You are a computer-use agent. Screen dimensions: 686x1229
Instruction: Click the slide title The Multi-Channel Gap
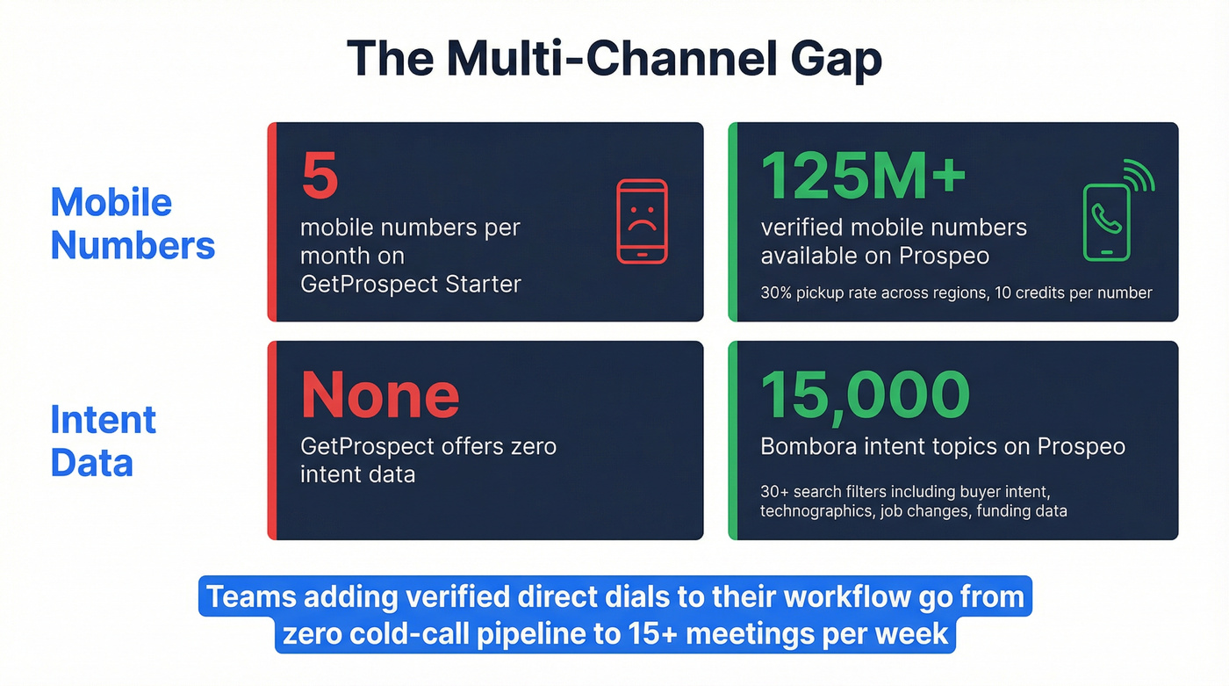tap(614, 59)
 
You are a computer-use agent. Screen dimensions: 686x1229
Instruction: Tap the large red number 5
tap(320, 175)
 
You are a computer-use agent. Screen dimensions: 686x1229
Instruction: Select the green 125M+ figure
tap(863, 175)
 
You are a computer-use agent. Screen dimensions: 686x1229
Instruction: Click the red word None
tap(380, 394)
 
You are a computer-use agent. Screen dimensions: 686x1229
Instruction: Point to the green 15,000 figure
tap(865, 394)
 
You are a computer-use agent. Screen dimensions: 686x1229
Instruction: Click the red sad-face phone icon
tap(642, 221)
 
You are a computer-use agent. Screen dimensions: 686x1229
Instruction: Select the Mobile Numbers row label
tap(133, 224)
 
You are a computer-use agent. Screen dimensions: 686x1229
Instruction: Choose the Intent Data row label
tap(103, 441)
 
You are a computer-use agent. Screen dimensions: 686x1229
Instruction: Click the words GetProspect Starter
tap(410, 285)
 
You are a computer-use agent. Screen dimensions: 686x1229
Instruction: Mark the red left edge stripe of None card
tap(272, 440)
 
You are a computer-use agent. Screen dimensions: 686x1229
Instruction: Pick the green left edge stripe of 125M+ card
tap(733, 221)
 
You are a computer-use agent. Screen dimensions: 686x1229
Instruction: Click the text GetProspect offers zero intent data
tap(428, 459)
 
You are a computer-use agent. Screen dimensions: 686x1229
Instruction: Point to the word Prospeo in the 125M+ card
tap(944, 256)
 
